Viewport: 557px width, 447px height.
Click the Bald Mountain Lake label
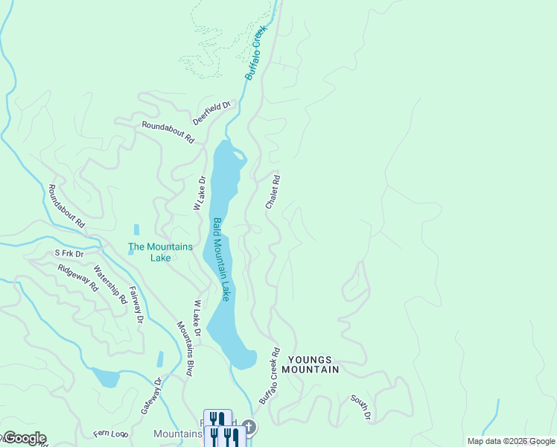pos(221,259)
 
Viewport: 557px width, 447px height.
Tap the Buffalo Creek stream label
pos(256,54)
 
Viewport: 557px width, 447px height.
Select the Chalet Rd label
pos(273,191)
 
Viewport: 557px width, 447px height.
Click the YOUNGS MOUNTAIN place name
pos(311,364)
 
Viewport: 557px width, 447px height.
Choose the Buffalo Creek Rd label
pos(269,376)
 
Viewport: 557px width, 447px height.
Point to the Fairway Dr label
pos(136,305)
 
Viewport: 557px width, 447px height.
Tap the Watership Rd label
pos(111,287)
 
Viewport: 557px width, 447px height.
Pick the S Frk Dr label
pos(69,253)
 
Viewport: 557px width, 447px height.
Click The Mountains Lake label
pos(160,253)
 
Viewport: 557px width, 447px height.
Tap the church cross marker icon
pos(249,427)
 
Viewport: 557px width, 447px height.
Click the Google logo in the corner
pos(24,438)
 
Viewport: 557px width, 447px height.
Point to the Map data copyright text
pos(511,441)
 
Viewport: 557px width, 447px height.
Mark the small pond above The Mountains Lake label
pos(136,229)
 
